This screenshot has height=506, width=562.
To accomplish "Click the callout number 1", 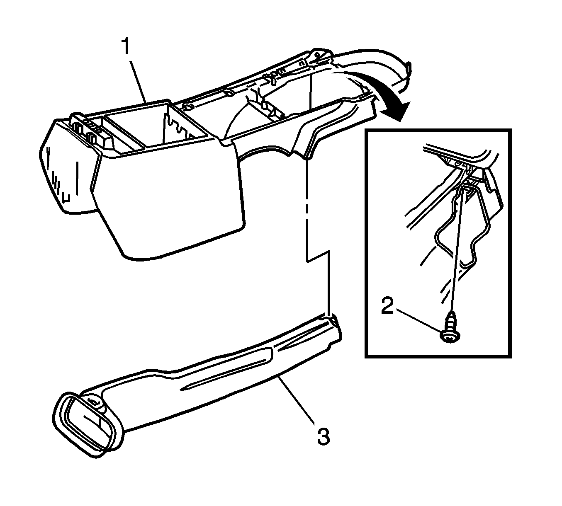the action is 127,47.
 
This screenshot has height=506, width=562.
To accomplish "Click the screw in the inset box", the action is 451,330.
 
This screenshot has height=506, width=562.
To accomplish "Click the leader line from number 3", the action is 299,400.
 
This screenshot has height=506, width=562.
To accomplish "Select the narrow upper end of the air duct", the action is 331,330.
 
